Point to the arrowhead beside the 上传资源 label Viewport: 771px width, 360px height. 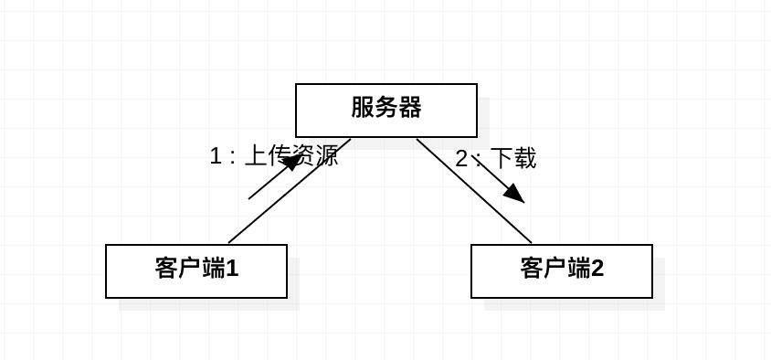point(291,163)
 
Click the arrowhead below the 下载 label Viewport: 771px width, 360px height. point(513,192)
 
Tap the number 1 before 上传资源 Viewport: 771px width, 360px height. point(216,156)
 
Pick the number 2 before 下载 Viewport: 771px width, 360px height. point(462,159)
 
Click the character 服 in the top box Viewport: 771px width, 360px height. point(363,108)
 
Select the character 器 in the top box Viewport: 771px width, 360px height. point(410,108)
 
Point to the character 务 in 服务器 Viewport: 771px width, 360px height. point(386,108)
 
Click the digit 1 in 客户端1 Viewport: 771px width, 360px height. point(232,269)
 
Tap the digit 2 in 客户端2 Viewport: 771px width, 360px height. point(597,269)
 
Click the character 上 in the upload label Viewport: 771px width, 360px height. point(256,155)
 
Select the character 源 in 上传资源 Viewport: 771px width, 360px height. point(326,155)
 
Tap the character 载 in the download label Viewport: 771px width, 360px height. point(524,158)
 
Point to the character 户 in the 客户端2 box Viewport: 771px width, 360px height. point(555,269)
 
